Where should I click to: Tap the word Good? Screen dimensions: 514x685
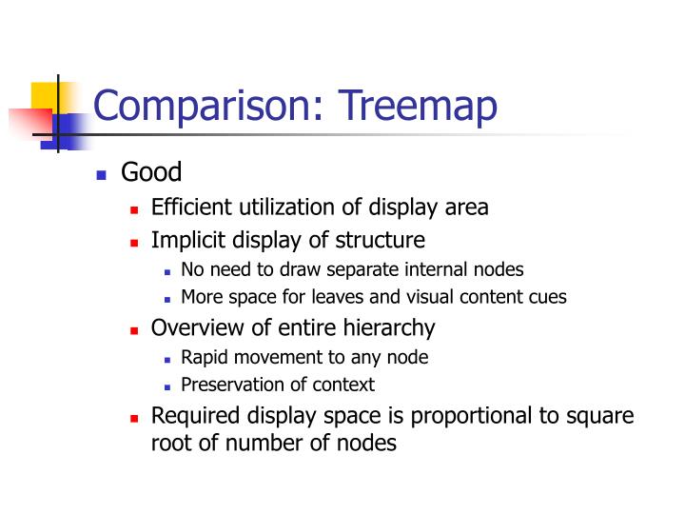pos(151,173)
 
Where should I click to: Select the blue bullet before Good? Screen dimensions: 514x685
pos(103,175)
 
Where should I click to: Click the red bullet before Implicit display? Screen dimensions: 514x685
pos(134,242)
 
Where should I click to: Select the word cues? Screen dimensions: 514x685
pos(548,296)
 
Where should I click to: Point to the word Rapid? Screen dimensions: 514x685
pos(203,358)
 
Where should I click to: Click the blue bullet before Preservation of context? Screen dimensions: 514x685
pos(167,386)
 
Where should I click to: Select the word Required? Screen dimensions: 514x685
pos(194,417)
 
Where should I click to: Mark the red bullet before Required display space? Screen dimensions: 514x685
pos(134,418)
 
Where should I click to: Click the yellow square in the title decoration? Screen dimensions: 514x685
pos(45,95)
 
